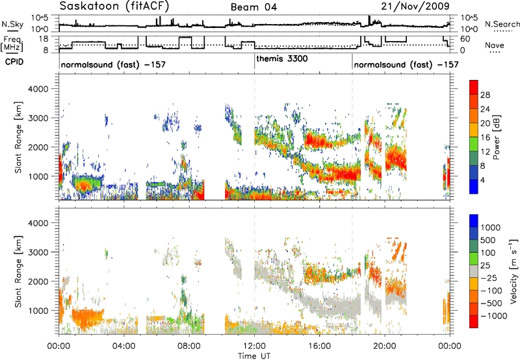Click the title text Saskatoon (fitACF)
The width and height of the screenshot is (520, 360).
click(114, 6)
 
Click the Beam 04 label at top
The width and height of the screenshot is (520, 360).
click(253, 7)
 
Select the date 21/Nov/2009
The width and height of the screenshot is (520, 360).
click(415, 6)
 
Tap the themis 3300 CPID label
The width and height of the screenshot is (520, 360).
click(282, 58)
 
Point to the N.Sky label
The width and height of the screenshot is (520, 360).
click(12, 24)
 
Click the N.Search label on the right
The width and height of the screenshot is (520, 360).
click(502, 24)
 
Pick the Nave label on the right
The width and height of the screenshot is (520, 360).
click(495, 45)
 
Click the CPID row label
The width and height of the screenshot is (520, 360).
click(14, 62)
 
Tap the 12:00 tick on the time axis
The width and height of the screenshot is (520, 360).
click(254, 346)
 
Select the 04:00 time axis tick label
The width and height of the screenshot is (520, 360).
click(124, 346)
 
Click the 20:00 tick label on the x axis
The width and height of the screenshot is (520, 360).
click(385, 346)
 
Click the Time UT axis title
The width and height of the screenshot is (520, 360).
click(254, 356)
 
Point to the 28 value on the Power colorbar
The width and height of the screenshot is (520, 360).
click(485, 95)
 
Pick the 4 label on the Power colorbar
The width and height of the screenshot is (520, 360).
click(482, 181)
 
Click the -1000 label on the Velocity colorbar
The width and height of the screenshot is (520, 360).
click(494, 316)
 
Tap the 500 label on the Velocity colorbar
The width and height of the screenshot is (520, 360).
click(488, 240)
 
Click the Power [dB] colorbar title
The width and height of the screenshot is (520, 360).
click(497, 138)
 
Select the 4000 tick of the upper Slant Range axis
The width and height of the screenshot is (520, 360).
click(38, 89)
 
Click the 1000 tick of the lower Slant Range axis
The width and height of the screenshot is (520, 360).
click(38, 311)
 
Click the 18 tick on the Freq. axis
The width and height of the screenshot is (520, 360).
click(44, 38)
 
